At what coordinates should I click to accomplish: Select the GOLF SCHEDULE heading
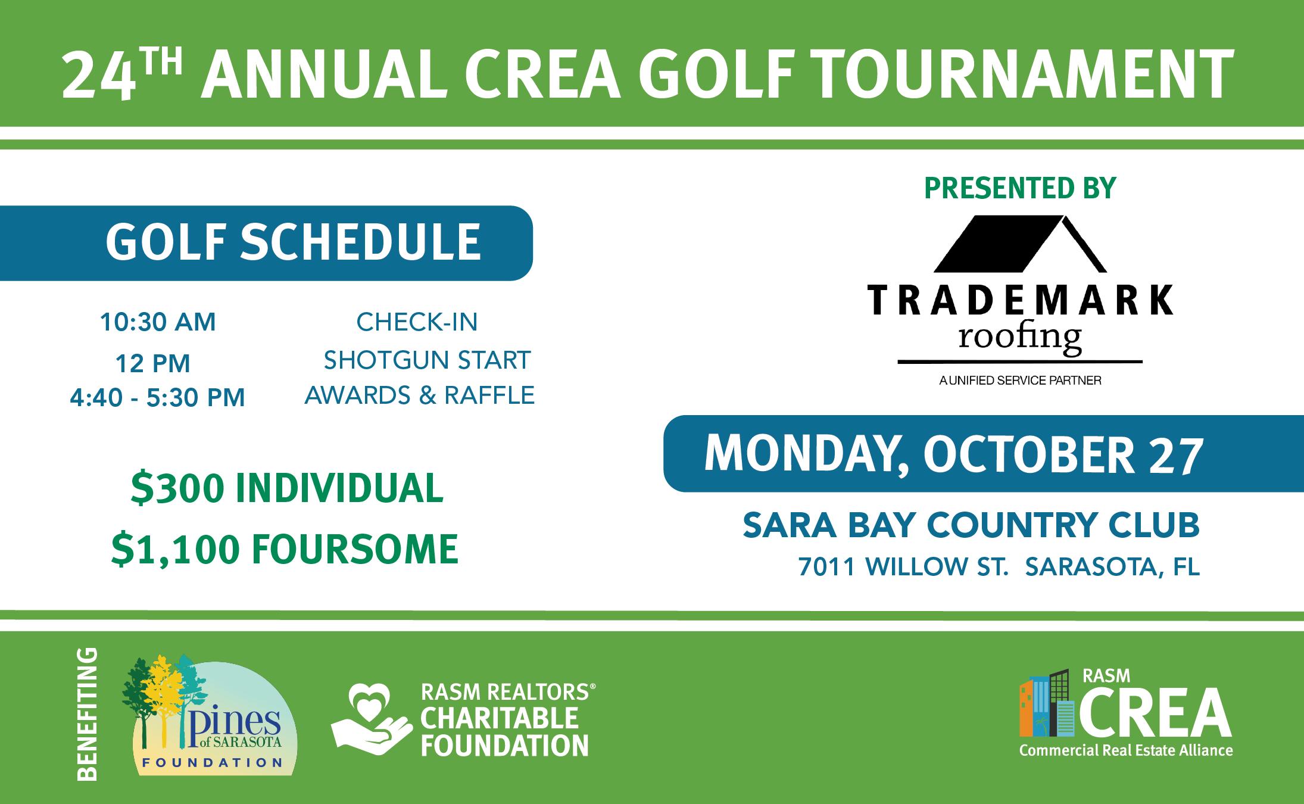[x=293, y=242]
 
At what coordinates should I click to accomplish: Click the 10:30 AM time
[x=158, y=322]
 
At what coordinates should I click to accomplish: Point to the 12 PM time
[x=153, y=363]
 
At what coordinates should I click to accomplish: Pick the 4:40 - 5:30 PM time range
[x=157, y=397]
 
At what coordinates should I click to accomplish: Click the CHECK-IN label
[x=417, y=322]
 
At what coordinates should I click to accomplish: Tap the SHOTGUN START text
[x=427, y=360]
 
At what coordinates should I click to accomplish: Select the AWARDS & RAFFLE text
[x=419, y=395]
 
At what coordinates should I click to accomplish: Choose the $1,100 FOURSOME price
[x=285, y=549]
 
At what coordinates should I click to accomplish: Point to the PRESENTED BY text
[x=1020, y=188]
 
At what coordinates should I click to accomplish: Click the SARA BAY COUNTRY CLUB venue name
[x=971, y=525]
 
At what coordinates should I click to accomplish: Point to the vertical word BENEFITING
[x=87, y=714]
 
